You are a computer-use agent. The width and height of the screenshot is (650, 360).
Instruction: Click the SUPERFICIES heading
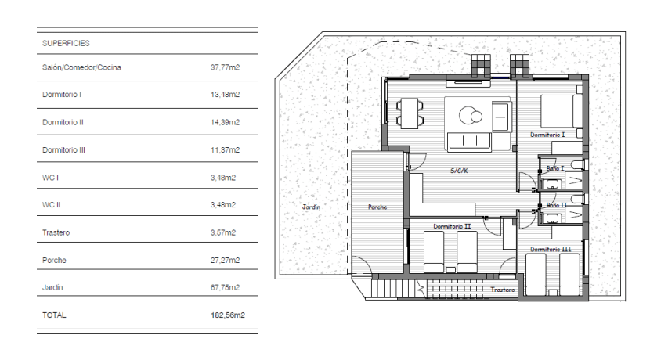[x=66, y=43]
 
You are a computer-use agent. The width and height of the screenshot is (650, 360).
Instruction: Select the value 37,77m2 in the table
[x=225, y=67]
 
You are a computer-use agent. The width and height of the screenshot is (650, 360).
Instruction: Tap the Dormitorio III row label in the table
[x=63, y=150]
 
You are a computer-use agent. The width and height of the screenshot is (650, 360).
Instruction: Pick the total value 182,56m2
[x=228, y=315]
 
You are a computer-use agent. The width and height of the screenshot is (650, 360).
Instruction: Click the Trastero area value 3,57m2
[x=223, y=232]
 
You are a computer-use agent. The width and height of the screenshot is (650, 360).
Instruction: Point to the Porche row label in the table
[x=54, y=260]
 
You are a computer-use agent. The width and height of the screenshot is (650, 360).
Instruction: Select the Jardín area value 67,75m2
[x=225, y=287]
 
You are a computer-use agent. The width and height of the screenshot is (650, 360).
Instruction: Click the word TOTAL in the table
[x=54, y=315]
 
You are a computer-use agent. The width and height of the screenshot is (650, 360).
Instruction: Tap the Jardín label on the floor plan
[x=311, y=207]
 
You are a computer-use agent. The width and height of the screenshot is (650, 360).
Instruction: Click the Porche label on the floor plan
[x=377, y=207]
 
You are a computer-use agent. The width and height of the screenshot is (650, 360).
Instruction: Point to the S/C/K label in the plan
[x=459, y=171]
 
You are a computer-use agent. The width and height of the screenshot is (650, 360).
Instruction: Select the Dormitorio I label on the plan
[x=547, y=135]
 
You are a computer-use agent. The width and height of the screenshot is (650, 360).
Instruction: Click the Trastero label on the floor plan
[x=503, y=290]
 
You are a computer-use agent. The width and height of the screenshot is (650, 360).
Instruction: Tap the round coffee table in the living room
[x=471, y=115]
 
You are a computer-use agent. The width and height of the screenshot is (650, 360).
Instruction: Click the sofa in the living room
[x=470, y=142]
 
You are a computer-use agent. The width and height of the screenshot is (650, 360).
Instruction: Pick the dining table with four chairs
[x=409, y=113]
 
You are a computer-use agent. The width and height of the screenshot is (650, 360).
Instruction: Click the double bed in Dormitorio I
[x=562, y=111]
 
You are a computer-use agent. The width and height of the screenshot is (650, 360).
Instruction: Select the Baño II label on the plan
[x=556, y=205]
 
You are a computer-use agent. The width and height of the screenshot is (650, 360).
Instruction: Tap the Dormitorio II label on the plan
[x=452, y=226]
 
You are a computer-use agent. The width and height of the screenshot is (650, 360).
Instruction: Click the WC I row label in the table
[x=50, y=178]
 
